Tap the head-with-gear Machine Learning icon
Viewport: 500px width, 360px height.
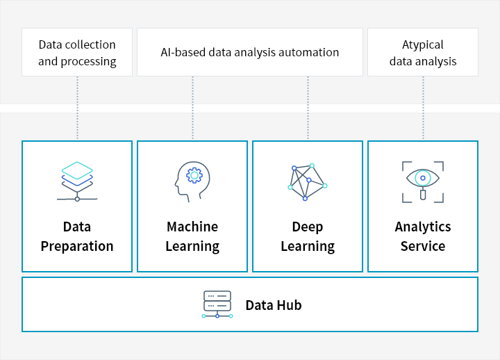click(192, 181)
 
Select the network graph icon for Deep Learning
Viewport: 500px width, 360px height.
click(307, 182)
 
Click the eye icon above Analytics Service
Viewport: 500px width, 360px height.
click(422, 181)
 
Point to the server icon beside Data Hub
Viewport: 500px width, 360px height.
click(217, 304)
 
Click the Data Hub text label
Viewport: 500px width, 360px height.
click(273, 305)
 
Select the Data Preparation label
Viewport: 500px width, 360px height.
click(77, 236)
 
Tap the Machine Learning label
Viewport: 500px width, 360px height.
click(192, 236)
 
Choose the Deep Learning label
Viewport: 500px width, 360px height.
click(308, 236)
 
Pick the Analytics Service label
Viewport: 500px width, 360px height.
click(423, 236)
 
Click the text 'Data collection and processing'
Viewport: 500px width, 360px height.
click(77, 53)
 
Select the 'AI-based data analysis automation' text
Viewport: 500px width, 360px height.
click(250, 52)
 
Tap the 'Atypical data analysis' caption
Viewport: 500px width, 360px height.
click(423, 53)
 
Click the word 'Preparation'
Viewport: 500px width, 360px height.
click(77, 246)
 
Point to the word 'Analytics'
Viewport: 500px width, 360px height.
click(423, 227)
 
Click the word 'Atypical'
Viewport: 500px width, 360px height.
click(423, 44)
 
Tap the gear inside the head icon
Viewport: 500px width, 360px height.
click(195, 177)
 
